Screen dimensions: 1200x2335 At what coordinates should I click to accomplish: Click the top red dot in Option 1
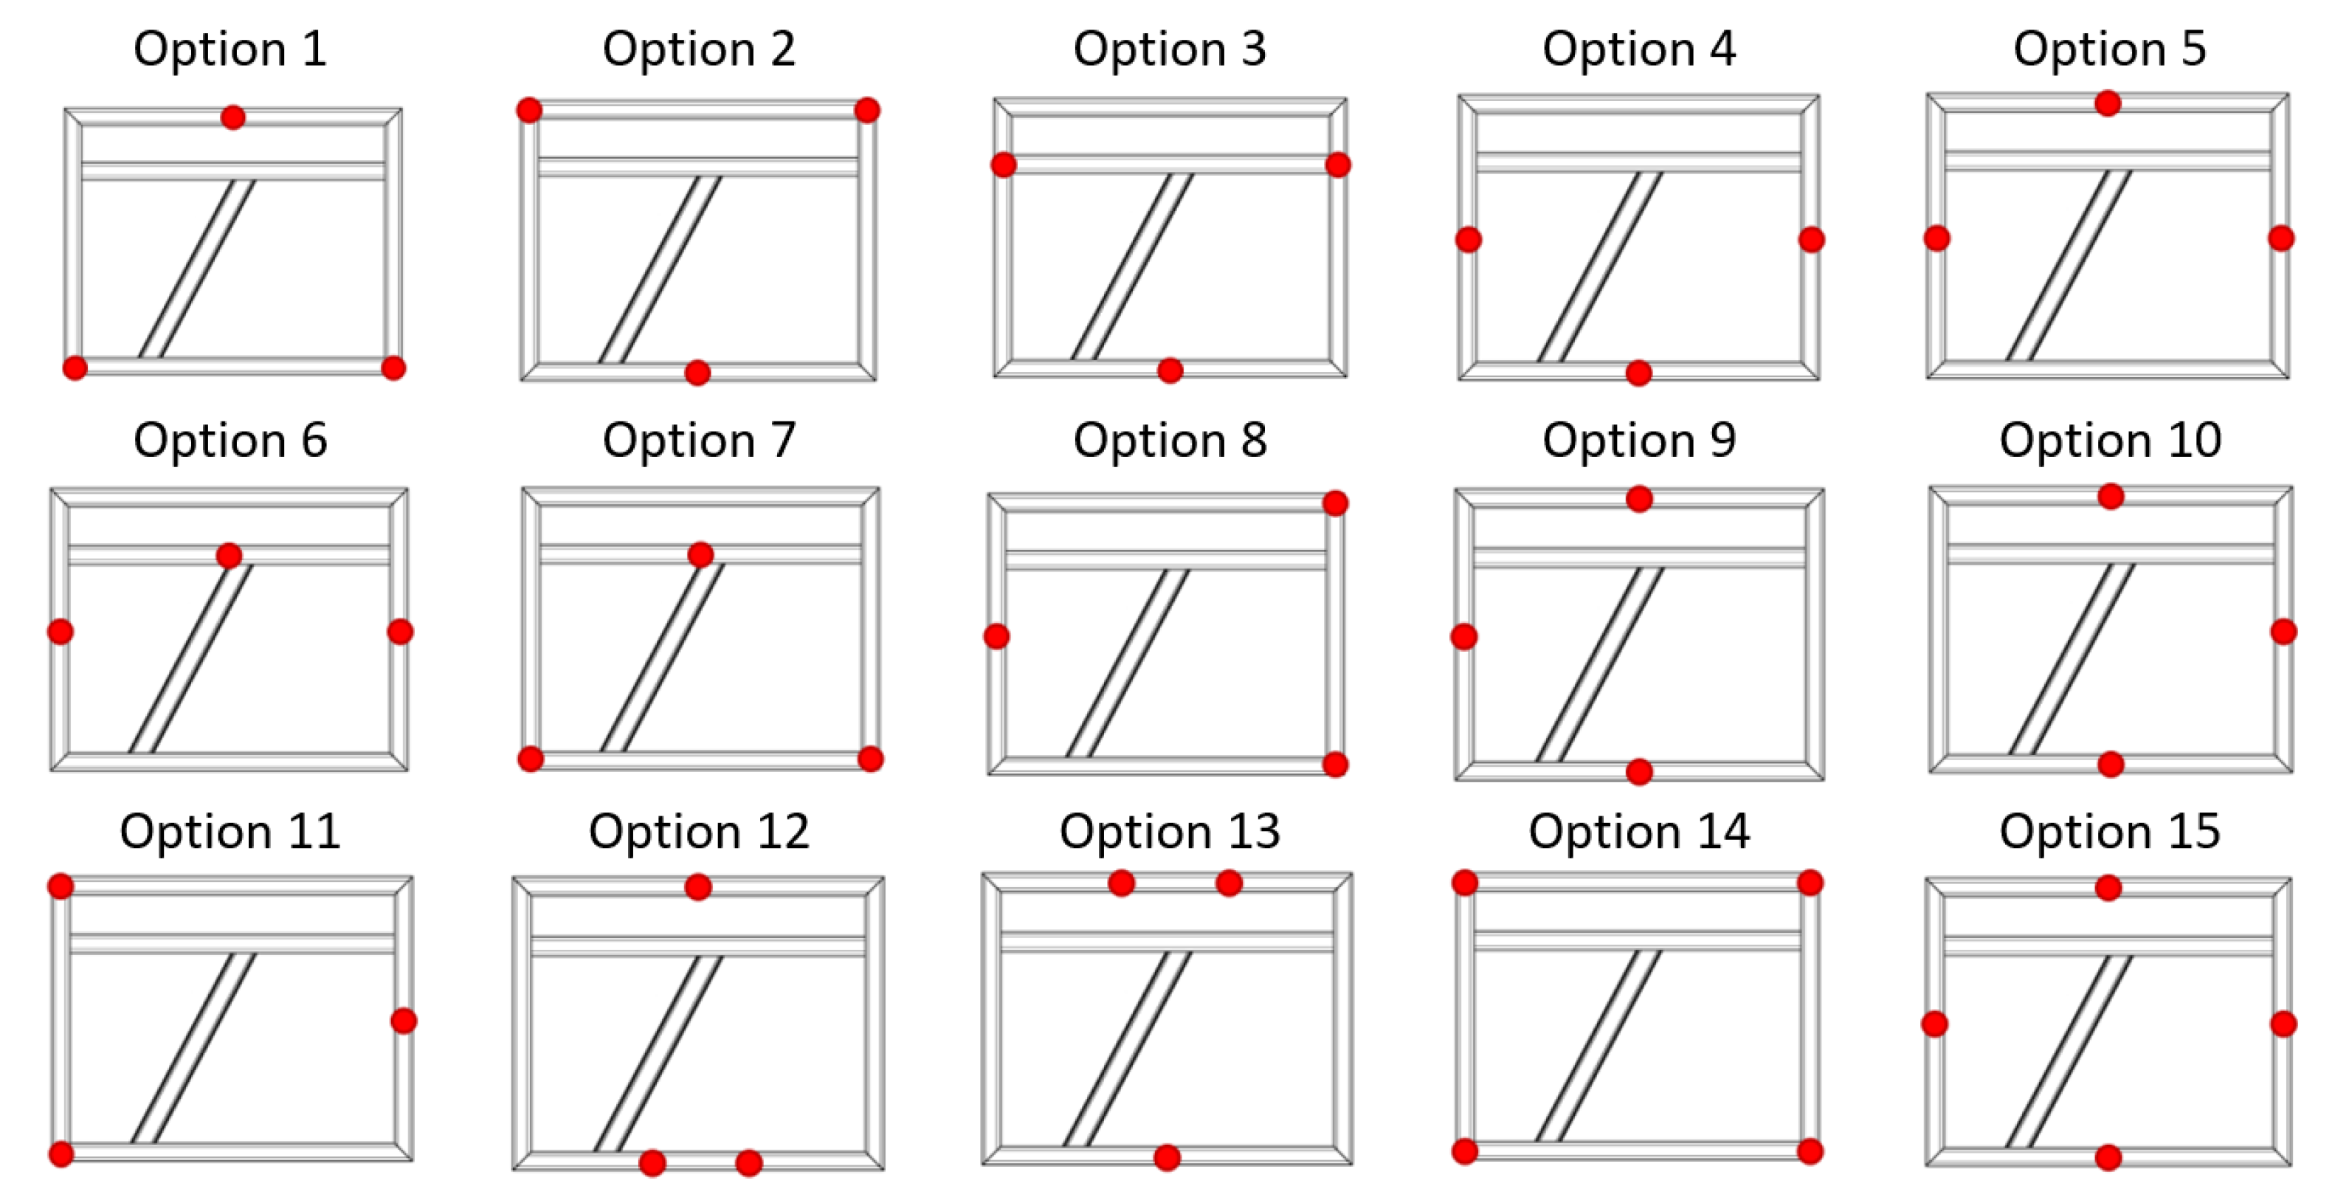233,117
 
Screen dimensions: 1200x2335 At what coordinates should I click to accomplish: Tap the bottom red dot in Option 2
697,373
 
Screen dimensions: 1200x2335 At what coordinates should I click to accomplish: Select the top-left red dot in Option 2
529,111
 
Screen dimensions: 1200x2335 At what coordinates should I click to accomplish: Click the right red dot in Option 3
1338,165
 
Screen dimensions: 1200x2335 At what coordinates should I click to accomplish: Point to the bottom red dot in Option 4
1639,373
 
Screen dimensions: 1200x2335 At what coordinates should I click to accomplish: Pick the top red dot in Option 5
2108,103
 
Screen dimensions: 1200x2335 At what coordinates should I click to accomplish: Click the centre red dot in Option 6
230,556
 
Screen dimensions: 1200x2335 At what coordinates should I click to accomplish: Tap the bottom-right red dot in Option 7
870,759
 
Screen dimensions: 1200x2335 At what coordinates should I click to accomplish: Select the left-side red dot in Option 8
996,636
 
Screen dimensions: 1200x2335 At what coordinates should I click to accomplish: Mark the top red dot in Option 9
1640,498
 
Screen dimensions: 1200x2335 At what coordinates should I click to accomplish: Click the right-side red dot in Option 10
2283,632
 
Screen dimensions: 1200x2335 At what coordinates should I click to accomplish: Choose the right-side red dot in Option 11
404,1021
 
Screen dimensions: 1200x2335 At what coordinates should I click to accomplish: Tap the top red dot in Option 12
698,886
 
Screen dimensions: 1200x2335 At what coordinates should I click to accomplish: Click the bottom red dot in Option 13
1167,1157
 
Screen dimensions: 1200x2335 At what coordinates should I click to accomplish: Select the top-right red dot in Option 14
1810,882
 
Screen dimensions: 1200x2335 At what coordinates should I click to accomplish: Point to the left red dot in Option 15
1934,1024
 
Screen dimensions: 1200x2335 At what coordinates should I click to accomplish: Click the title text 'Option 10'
2110,441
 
